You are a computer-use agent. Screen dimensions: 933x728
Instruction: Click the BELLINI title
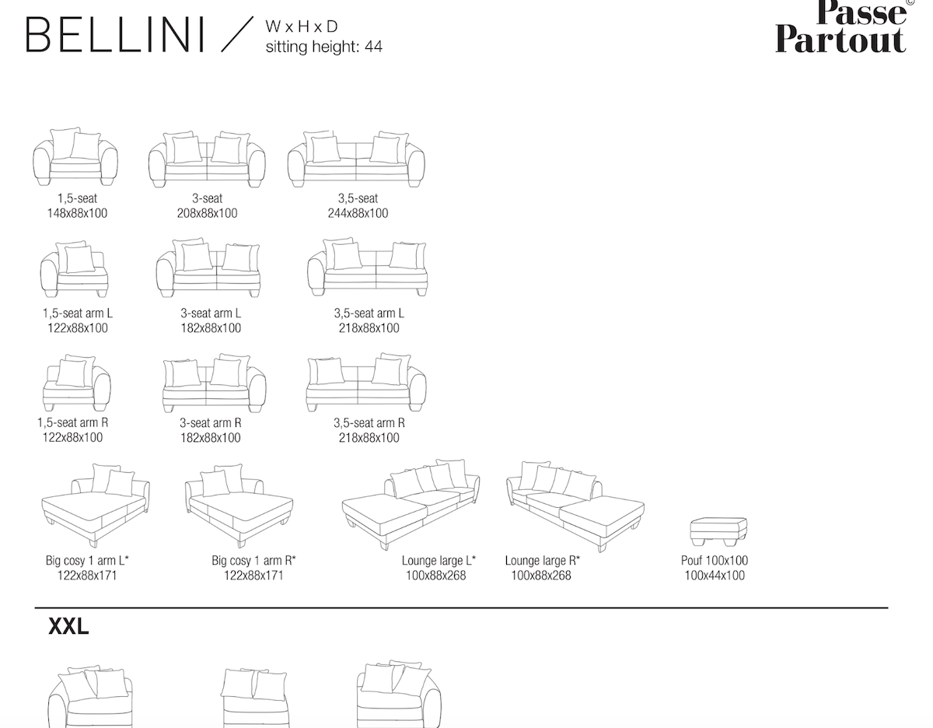coord(115,35)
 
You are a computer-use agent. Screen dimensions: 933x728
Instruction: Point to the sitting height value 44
coord(373,47)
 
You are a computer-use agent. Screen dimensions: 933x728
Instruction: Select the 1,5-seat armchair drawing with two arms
coord(75,156)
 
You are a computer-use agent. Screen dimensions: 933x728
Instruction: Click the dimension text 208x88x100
coord(207,213)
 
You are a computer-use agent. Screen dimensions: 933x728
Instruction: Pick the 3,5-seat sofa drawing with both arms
coord(356,159)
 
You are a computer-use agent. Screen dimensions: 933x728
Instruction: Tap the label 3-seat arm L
coord(211,313)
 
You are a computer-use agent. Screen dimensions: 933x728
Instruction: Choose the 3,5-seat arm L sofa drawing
coord(368,267)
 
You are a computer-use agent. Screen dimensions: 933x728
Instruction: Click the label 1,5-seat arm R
coord(72,422)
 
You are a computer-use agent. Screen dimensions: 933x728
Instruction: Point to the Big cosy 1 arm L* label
coord(87,561)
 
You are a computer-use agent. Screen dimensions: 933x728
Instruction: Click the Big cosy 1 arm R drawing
coord(239,506)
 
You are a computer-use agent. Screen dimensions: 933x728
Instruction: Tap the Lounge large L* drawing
coord(411,505)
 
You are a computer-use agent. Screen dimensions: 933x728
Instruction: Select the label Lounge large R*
coord(542,561)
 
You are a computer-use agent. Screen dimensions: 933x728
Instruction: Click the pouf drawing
coord(718,532)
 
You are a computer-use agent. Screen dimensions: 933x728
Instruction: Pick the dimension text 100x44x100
coord(715,576)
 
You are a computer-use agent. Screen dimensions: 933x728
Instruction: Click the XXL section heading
coord(68,627)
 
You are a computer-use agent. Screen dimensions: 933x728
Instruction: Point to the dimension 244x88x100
coord(358,213)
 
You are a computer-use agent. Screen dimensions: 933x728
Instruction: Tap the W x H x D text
coord(302,26)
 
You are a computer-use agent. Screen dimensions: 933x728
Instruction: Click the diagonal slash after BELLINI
coord(237,34)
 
